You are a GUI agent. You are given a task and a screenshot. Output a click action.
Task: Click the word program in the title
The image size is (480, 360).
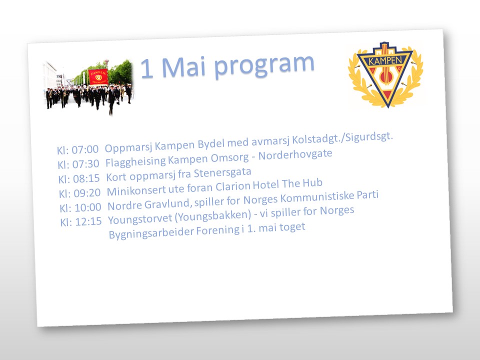264,65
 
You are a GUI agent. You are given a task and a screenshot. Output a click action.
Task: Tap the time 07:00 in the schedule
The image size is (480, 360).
85,149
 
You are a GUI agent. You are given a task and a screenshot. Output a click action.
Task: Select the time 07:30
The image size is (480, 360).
85,164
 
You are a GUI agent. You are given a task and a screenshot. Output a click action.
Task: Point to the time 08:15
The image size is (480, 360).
86,178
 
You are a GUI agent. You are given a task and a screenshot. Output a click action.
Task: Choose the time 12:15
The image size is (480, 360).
89,221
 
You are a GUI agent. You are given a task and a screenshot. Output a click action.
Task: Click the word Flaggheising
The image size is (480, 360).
135,162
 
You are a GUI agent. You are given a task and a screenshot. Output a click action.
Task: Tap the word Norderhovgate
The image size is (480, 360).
295,154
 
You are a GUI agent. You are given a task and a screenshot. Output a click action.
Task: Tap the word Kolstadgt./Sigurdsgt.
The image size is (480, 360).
342,138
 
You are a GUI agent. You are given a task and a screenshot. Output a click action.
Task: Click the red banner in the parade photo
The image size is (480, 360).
98,76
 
